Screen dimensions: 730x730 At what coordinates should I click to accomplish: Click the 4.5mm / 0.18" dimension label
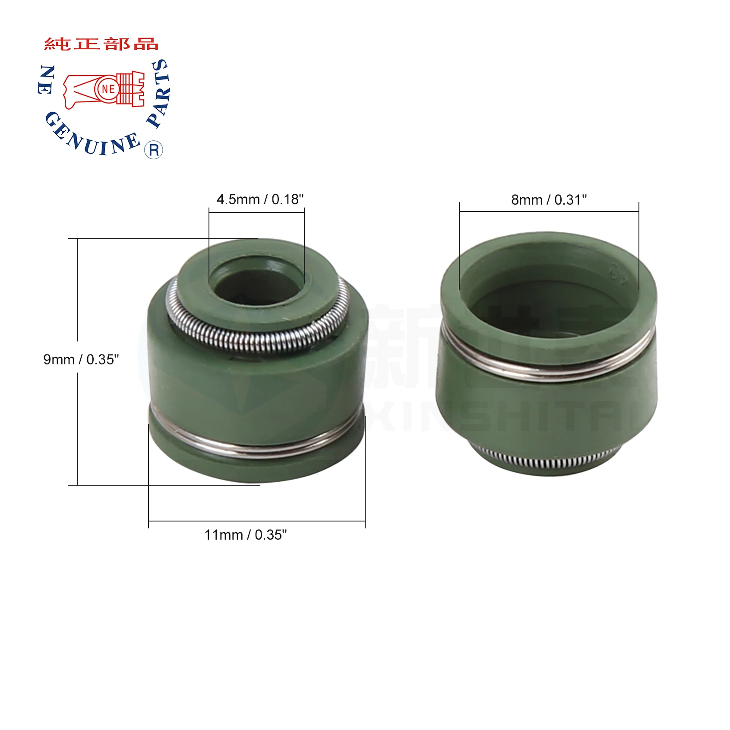260,199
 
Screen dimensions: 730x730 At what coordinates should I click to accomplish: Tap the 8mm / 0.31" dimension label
549,200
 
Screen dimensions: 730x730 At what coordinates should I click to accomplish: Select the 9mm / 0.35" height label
81,359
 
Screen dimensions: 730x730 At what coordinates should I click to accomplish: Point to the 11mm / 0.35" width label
245,535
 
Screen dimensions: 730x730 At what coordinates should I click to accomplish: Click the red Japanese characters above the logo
101,44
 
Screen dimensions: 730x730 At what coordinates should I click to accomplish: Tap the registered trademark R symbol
154,150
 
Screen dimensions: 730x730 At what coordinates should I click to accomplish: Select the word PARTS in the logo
159,93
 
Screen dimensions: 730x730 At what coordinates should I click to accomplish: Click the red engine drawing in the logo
104,89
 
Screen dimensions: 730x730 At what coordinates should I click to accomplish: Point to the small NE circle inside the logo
108,89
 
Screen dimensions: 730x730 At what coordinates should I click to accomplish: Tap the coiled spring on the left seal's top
259,341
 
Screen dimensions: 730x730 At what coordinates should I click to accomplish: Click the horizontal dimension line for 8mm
549,212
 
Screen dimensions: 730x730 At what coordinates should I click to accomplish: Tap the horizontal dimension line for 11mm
256,521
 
